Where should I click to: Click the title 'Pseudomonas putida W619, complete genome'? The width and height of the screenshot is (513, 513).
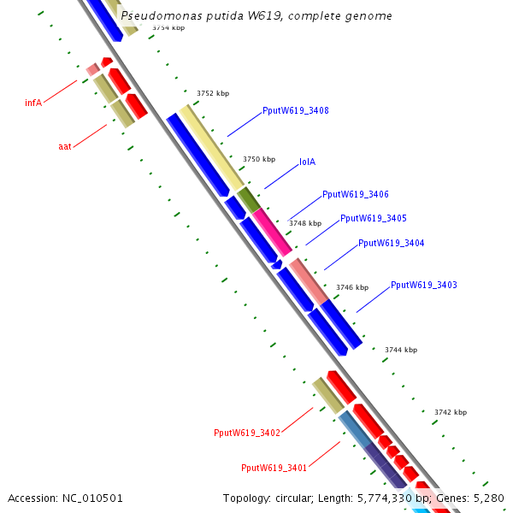[256, 15]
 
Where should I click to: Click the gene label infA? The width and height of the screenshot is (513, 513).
[33, 103]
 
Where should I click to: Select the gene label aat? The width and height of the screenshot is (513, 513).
[65, 146]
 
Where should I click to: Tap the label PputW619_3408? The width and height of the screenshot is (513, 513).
[296, 110]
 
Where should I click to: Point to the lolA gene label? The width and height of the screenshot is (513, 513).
[307, 162]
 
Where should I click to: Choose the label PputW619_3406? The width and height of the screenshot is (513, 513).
[356, 194]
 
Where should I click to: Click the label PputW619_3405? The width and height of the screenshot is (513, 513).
[374, 218]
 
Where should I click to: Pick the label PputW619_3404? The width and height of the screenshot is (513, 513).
[392, 243]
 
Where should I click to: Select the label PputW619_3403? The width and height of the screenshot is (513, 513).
[424, 285]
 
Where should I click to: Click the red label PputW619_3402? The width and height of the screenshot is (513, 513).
[247, 433]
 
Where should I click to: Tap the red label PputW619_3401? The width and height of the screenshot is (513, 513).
[274, 468]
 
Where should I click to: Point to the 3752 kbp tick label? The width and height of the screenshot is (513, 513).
[213, 93]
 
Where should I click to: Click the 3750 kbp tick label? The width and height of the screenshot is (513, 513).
[259, 159]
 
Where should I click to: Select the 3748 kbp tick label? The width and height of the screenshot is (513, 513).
[305, 223]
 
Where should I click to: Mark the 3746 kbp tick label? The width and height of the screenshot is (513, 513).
[352, 287]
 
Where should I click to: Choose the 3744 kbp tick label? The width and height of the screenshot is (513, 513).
[401, 350]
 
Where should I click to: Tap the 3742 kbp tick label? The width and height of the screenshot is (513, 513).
[451, 412]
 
